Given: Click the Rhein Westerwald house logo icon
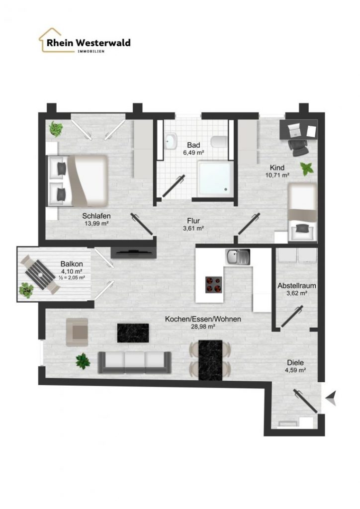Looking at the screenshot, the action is coord(50,40).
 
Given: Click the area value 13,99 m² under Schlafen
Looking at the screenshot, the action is coord(96,223).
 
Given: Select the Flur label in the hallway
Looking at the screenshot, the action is coord(193,221).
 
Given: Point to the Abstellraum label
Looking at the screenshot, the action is coord(297,286).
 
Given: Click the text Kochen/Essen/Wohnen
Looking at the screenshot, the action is coord(203,319).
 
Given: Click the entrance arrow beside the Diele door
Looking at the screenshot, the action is coord(332,398).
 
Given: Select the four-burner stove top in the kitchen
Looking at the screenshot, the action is coord(214,285).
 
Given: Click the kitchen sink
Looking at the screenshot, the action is coord(238,257).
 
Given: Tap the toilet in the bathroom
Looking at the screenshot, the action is coord(219,142).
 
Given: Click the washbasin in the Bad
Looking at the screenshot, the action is coord(171,141).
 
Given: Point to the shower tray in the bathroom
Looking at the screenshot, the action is coord(215,178).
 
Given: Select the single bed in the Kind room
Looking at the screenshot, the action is coord(303,213).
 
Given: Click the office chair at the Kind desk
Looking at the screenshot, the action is coord(299,147).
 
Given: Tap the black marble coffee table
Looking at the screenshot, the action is coord(133,333).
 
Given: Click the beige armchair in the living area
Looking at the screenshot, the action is coord(77,332).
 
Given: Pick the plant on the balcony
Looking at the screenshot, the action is coord(26,290).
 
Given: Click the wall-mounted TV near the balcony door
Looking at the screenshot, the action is coord(134,252).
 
